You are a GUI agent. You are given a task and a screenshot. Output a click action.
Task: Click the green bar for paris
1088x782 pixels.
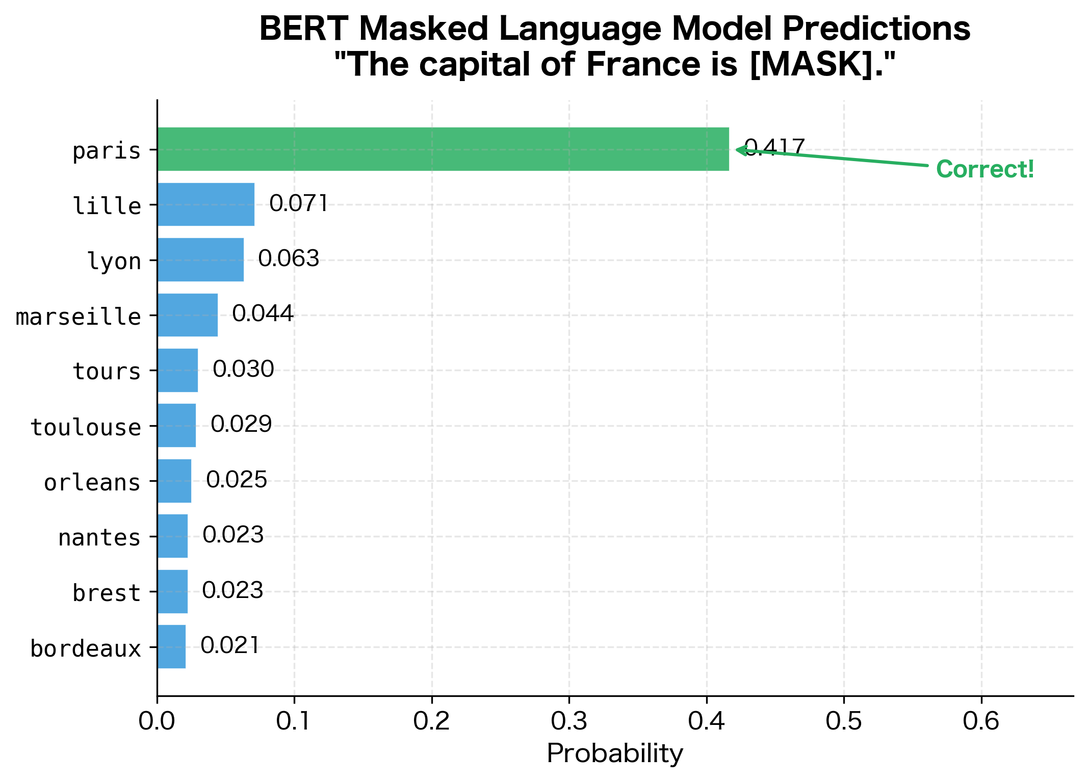(443, 149)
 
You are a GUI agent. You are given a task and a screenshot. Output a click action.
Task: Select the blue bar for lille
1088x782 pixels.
(206, 204)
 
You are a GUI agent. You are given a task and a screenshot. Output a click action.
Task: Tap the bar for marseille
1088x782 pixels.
(188, 315)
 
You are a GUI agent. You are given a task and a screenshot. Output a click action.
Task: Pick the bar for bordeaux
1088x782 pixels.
(171, 646)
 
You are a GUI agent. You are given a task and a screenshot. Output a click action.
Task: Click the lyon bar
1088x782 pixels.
(200, 259)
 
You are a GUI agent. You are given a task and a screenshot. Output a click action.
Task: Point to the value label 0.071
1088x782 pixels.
(298, 203)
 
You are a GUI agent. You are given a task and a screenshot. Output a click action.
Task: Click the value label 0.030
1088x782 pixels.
(243, 369)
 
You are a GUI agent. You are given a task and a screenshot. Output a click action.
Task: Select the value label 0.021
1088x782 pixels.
(230, 645)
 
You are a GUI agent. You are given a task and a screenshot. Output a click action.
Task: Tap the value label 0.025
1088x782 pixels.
(237, 480)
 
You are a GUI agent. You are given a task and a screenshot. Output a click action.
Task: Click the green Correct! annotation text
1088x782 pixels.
(985, 169)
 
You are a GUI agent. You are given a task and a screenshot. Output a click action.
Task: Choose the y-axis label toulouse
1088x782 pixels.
(86, 427)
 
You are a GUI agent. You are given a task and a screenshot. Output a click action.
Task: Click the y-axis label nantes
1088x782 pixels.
(99, 538)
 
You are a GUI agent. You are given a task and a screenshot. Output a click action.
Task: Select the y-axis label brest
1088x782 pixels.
(107, 593)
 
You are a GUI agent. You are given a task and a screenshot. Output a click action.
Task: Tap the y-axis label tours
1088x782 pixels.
(107, 371)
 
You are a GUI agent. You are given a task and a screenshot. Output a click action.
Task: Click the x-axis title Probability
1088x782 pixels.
(615, 753)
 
